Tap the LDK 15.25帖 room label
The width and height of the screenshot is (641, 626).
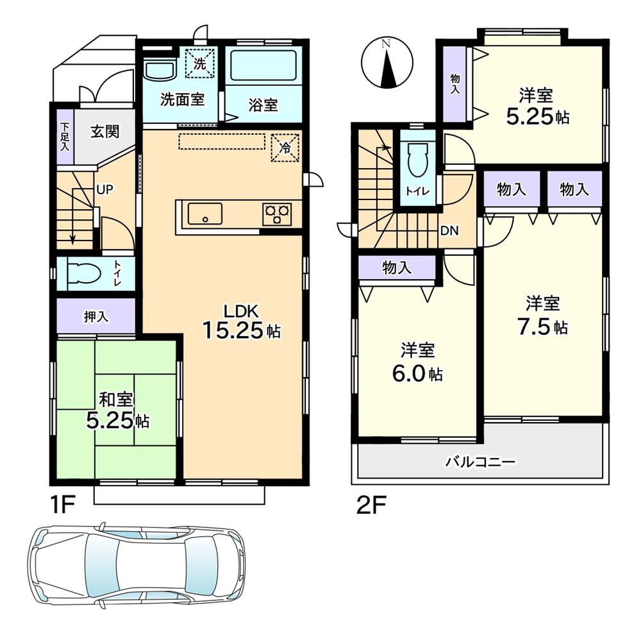pos(240,321)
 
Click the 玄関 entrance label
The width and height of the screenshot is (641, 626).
pos(104,132)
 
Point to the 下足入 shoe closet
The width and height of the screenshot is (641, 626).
pos(65,137)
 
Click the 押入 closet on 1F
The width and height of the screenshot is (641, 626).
pos(96,316)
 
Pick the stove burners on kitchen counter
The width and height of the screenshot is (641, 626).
pos(277,214)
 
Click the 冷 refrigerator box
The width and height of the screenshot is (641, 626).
pos(285,148)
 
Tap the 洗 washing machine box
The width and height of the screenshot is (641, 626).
pos(200,63)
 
